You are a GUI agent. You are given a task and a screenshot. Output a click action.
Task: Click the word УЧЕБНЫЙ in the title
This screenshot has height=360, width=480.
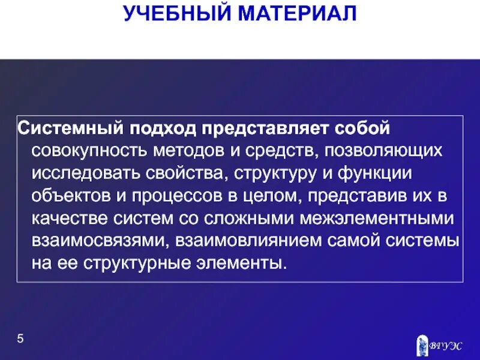pos(172,13)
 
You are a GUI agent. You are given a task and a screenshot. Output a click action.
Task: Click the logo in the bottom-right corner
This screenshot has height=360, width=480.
pos(439,344)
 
